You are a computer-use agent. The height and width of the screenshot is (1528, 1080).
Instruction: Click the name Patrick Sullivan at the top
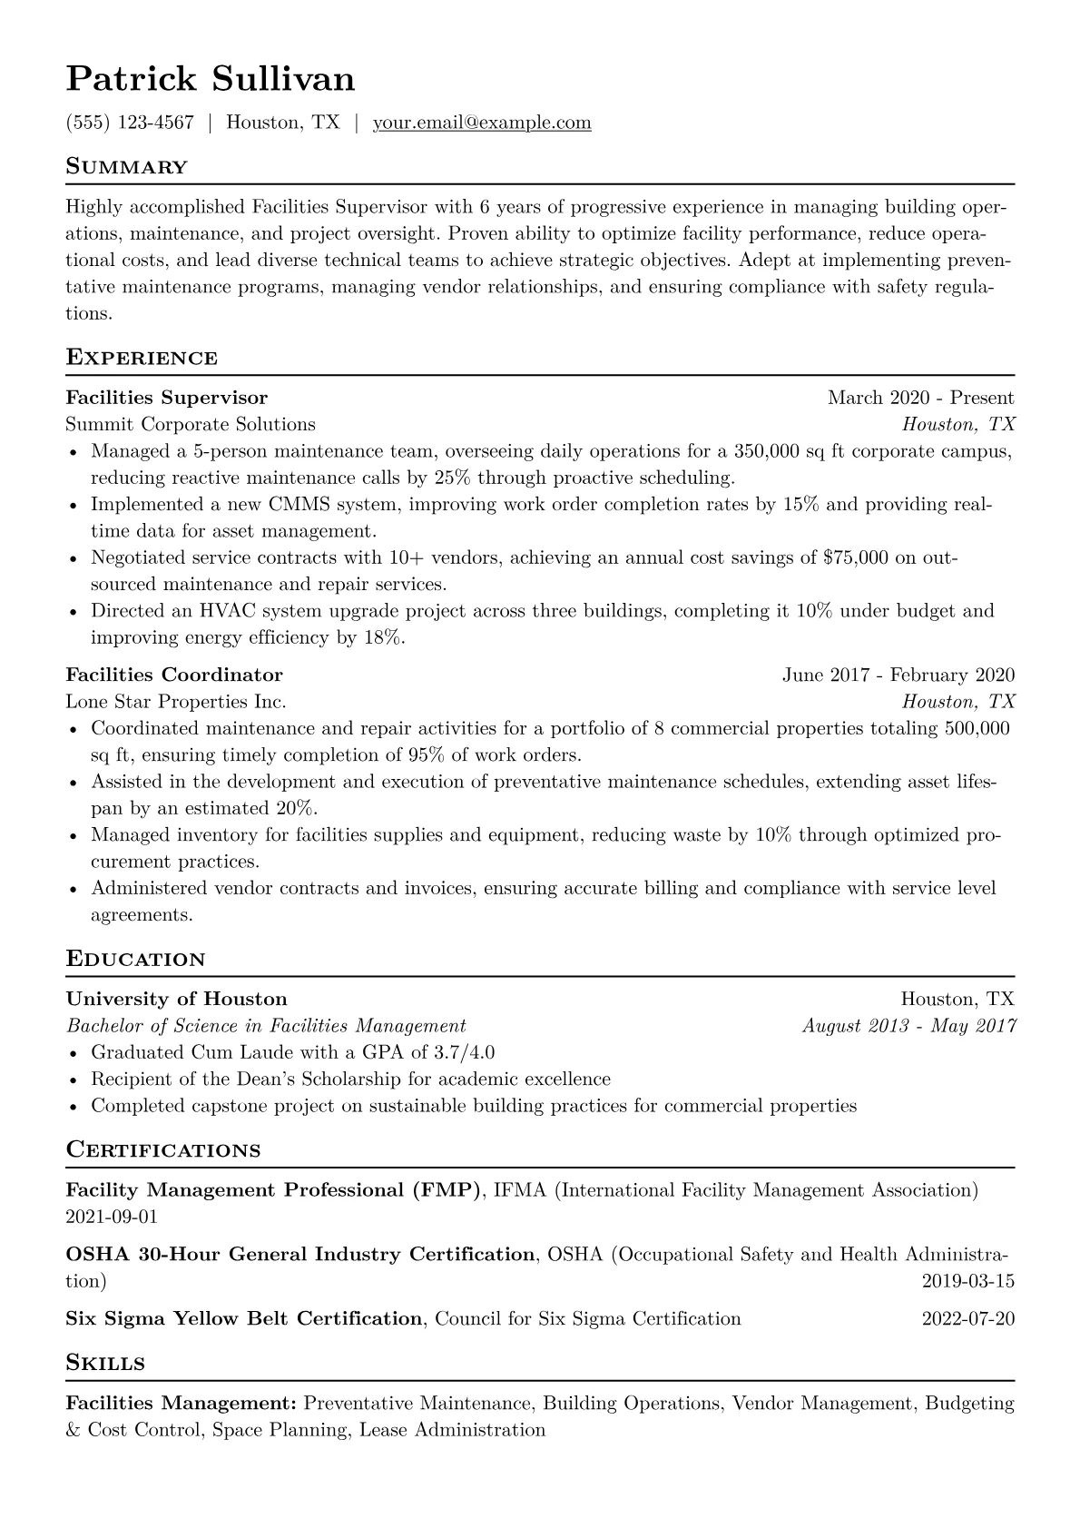point(211,79)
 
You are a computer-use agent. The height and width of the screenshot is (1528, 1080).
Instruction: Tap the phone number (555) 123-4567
point(130,123)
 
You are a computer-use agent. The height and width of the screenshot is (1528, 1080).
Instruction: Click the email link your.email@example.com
point(482,123)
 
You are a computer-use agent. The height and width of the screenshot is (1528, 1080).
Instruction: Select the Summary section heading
point(127,167)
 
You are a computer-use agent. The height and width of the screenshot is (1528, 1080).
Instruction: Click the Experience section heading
point(142,358)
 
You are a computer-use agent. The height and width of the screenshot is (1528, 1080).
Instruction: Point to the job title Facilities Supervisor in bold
point(167,398)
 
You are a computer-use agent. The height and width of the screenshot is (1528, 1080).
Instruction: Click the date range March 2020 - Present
point(920,398)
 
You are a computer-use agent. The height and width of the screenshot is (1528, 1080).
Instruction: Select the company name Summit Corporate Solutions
point(191,424)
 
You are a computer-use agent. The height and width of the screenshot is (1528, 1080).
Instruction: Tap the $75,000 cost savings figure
point(855,557)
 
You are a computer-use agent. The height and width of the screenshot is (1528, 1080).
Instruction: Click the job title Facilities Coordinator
point(174,675)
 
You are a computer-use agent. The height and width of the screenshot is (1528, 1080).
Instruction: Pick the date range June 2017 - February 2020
point(898,675)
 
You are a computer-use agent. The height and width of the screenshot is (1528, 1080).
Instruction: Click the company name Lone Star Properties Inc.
point(176,702)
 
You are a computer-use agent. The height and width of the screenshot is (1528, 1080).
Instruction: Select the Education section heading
point(136,960)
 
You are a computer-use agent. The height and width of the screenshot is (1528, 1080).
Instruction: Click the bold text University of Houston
point(177,1000)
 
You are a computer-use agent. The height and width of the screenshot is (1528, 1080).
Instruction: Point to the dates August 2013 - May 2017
point(908,1026)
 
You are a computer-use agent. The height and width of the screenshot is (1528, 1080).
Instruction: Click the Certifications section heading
point(163,1150)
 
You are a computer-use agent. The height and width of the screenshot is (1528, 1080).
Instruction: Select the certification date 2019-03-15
point(967,1282)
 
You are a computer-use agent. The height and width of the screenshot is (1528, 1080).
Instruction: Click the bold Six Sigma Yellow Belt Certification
point(244,1318)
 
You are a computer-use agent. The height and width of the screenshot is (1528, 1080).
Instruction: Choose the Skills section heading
point(106,1363)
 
